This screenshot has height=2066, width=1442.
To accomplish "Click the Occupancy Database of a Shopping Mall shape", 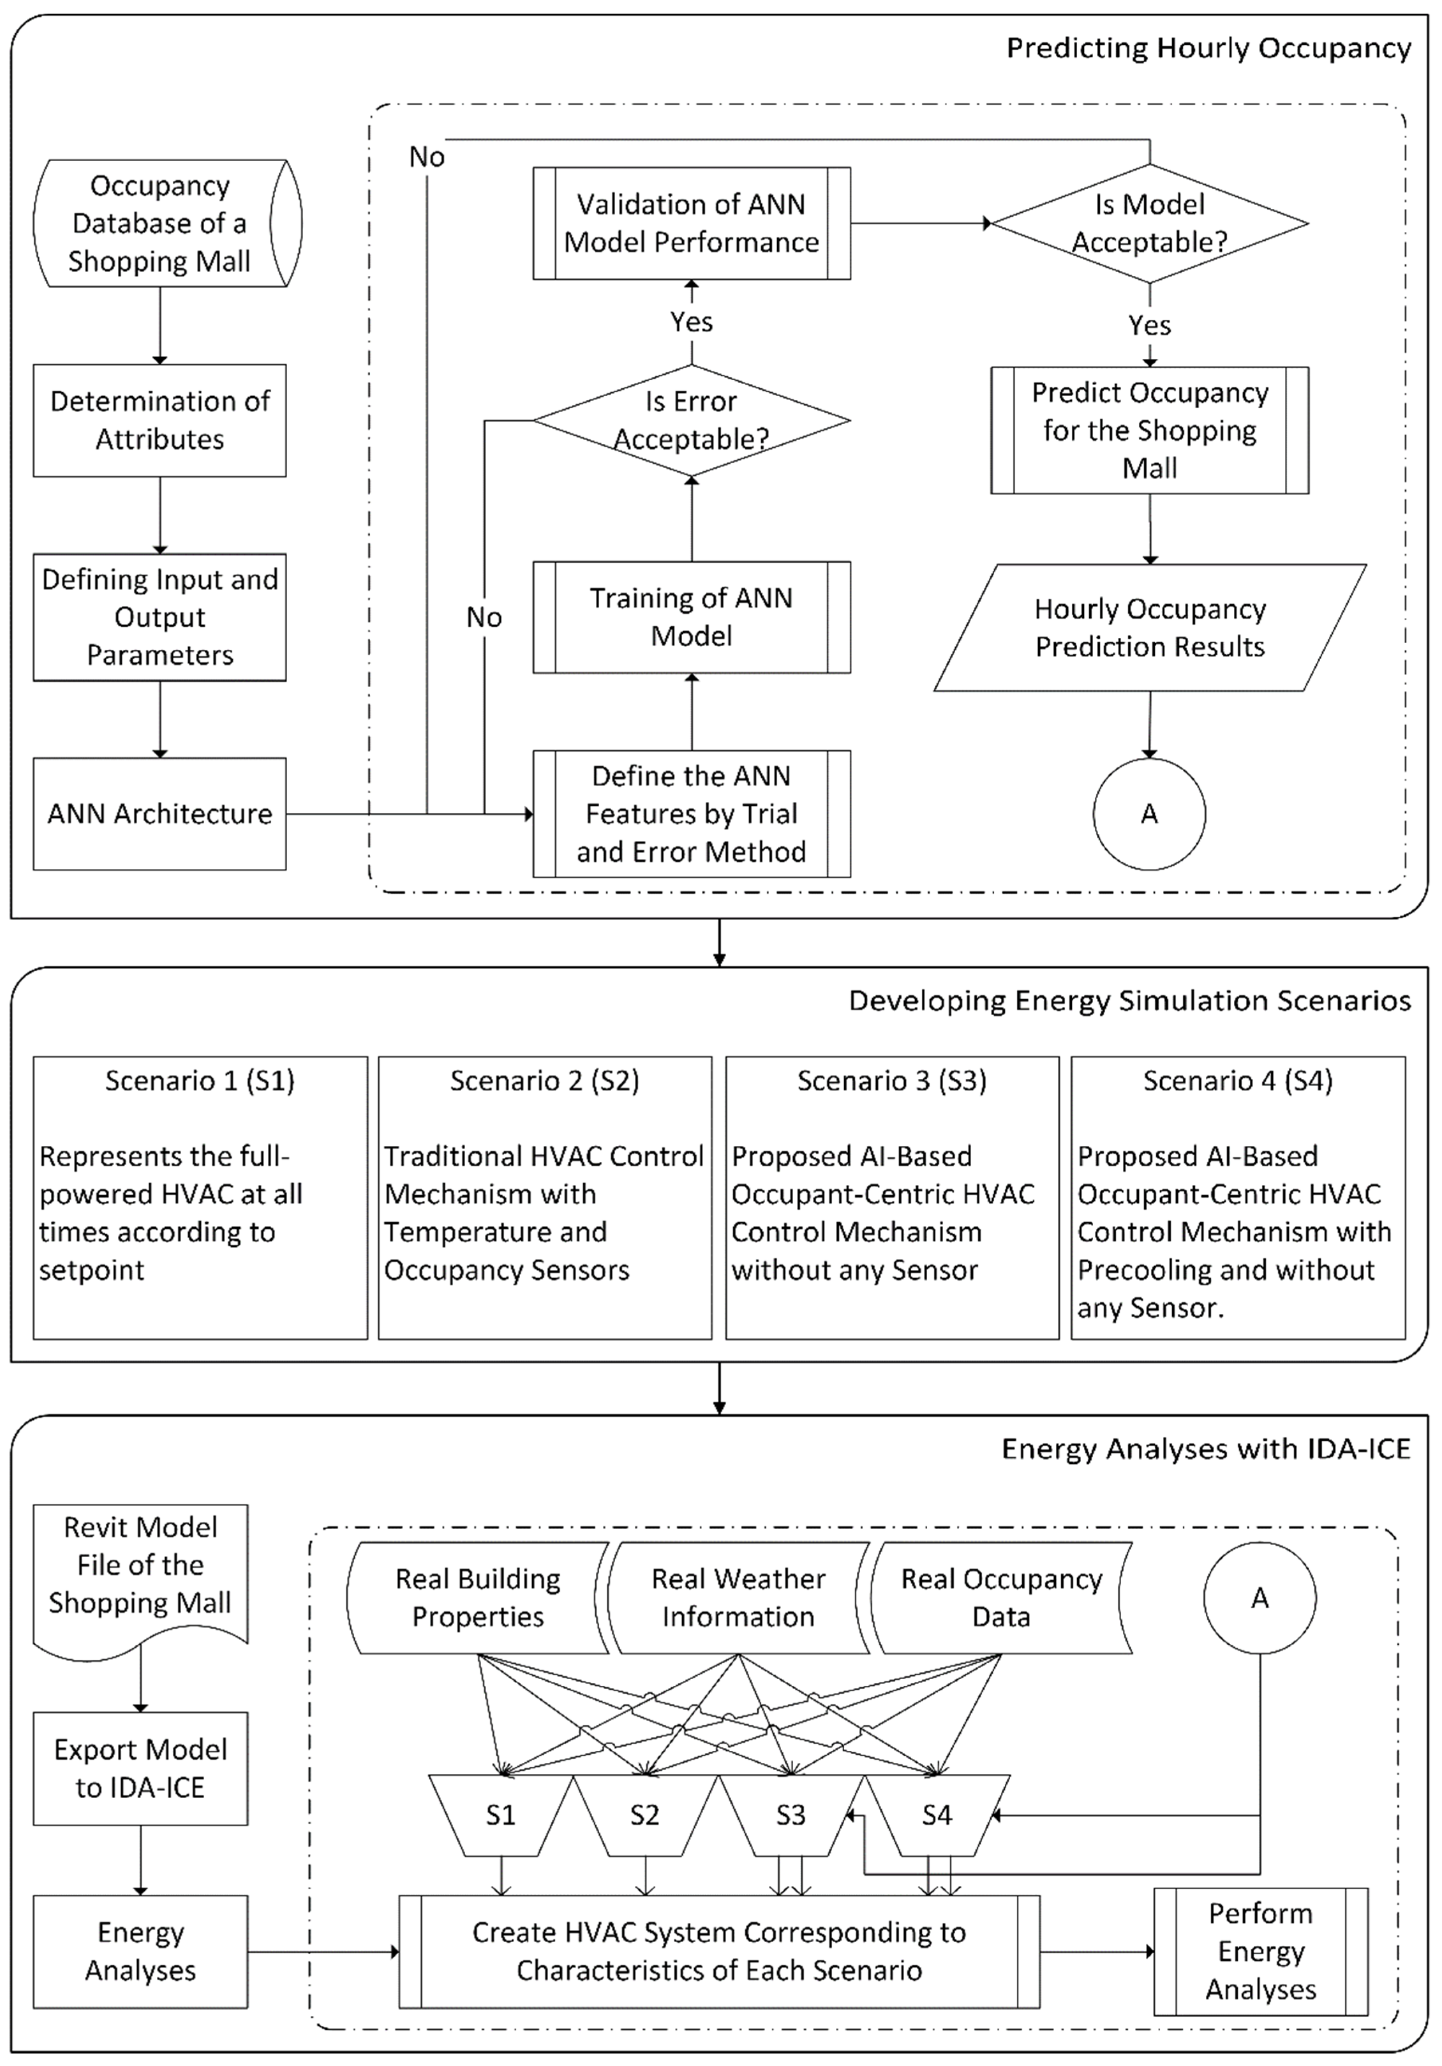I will click(160, 223).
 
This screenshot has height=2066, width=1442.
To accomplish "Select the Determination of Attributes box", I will click(160, 420).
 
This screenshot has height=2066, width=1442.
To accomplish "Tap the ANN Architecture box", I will click(160, 813).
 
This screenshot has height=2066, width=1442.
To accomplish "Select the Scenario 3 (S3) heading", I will click(891, 1081).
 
